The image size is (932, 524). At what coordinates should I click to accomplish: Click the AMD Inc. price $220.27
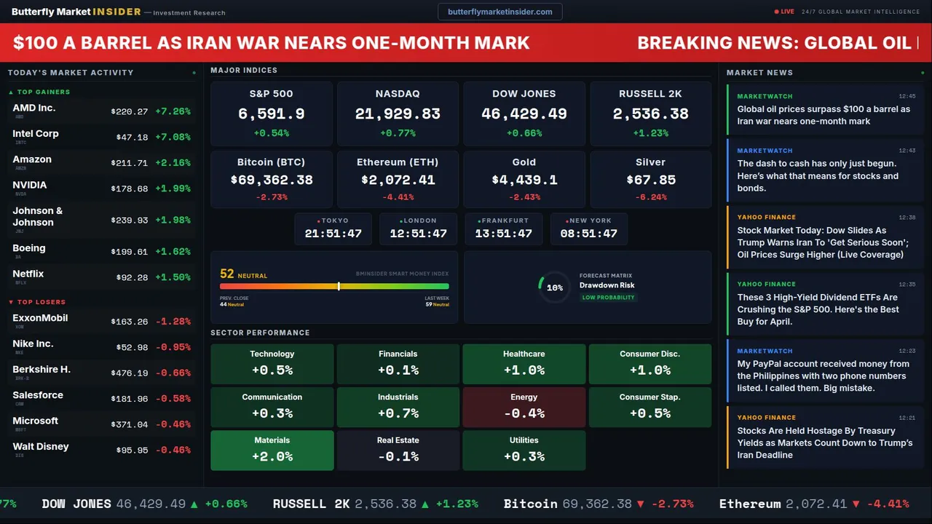pos(129,112)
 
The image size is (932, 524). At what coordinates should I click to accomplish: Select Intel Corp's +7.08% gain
pos(173,138)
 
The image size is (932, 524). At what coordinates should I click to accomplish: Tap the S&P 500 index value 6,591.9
pos(271,114)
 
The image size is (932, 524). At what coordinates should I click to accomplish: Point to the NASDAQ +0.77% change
pos(398,133)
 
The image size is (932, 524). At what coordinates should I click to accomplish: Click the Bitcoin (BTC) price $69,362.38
pos(272,180)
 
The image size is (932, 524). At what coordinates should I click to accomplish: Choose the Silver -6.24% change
pos(650,197)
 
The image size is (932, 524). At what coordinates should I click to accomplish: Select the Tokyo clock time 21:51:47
pos(333,234)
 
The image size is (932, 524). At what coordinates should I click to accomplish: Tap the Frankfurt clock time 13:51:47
pos(503,234)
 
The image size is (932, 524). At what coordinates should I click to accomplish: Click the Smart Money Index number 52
pos(227,274)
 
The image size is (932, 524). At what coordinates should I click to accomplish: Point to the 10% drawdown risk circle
pos(555,287)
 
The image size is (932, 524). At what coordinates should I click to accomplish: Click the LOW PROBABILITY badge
pos(608,298)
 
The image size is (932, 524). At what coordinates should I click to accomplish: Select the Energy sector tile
pos(524,407)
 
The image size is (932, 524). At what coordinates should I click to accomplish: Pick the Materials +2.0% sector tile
pos(272,450)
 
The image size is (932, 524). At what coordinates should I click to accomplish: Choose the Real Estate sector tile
pos(398,450)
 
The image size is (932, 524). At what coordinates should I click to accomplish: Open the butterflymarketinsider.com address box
pos(499,12)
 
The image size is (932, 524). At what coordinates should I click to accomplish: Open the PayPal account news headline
pos(823,376)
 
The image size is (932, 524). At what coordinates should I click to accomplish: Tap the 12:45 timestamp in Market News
pos(907,96)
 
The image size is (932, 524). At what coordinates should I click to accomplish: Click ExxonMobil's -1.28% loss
pos(173,322)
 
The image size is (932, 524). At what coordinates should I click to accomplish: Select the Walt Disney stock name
pos(41,447)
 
